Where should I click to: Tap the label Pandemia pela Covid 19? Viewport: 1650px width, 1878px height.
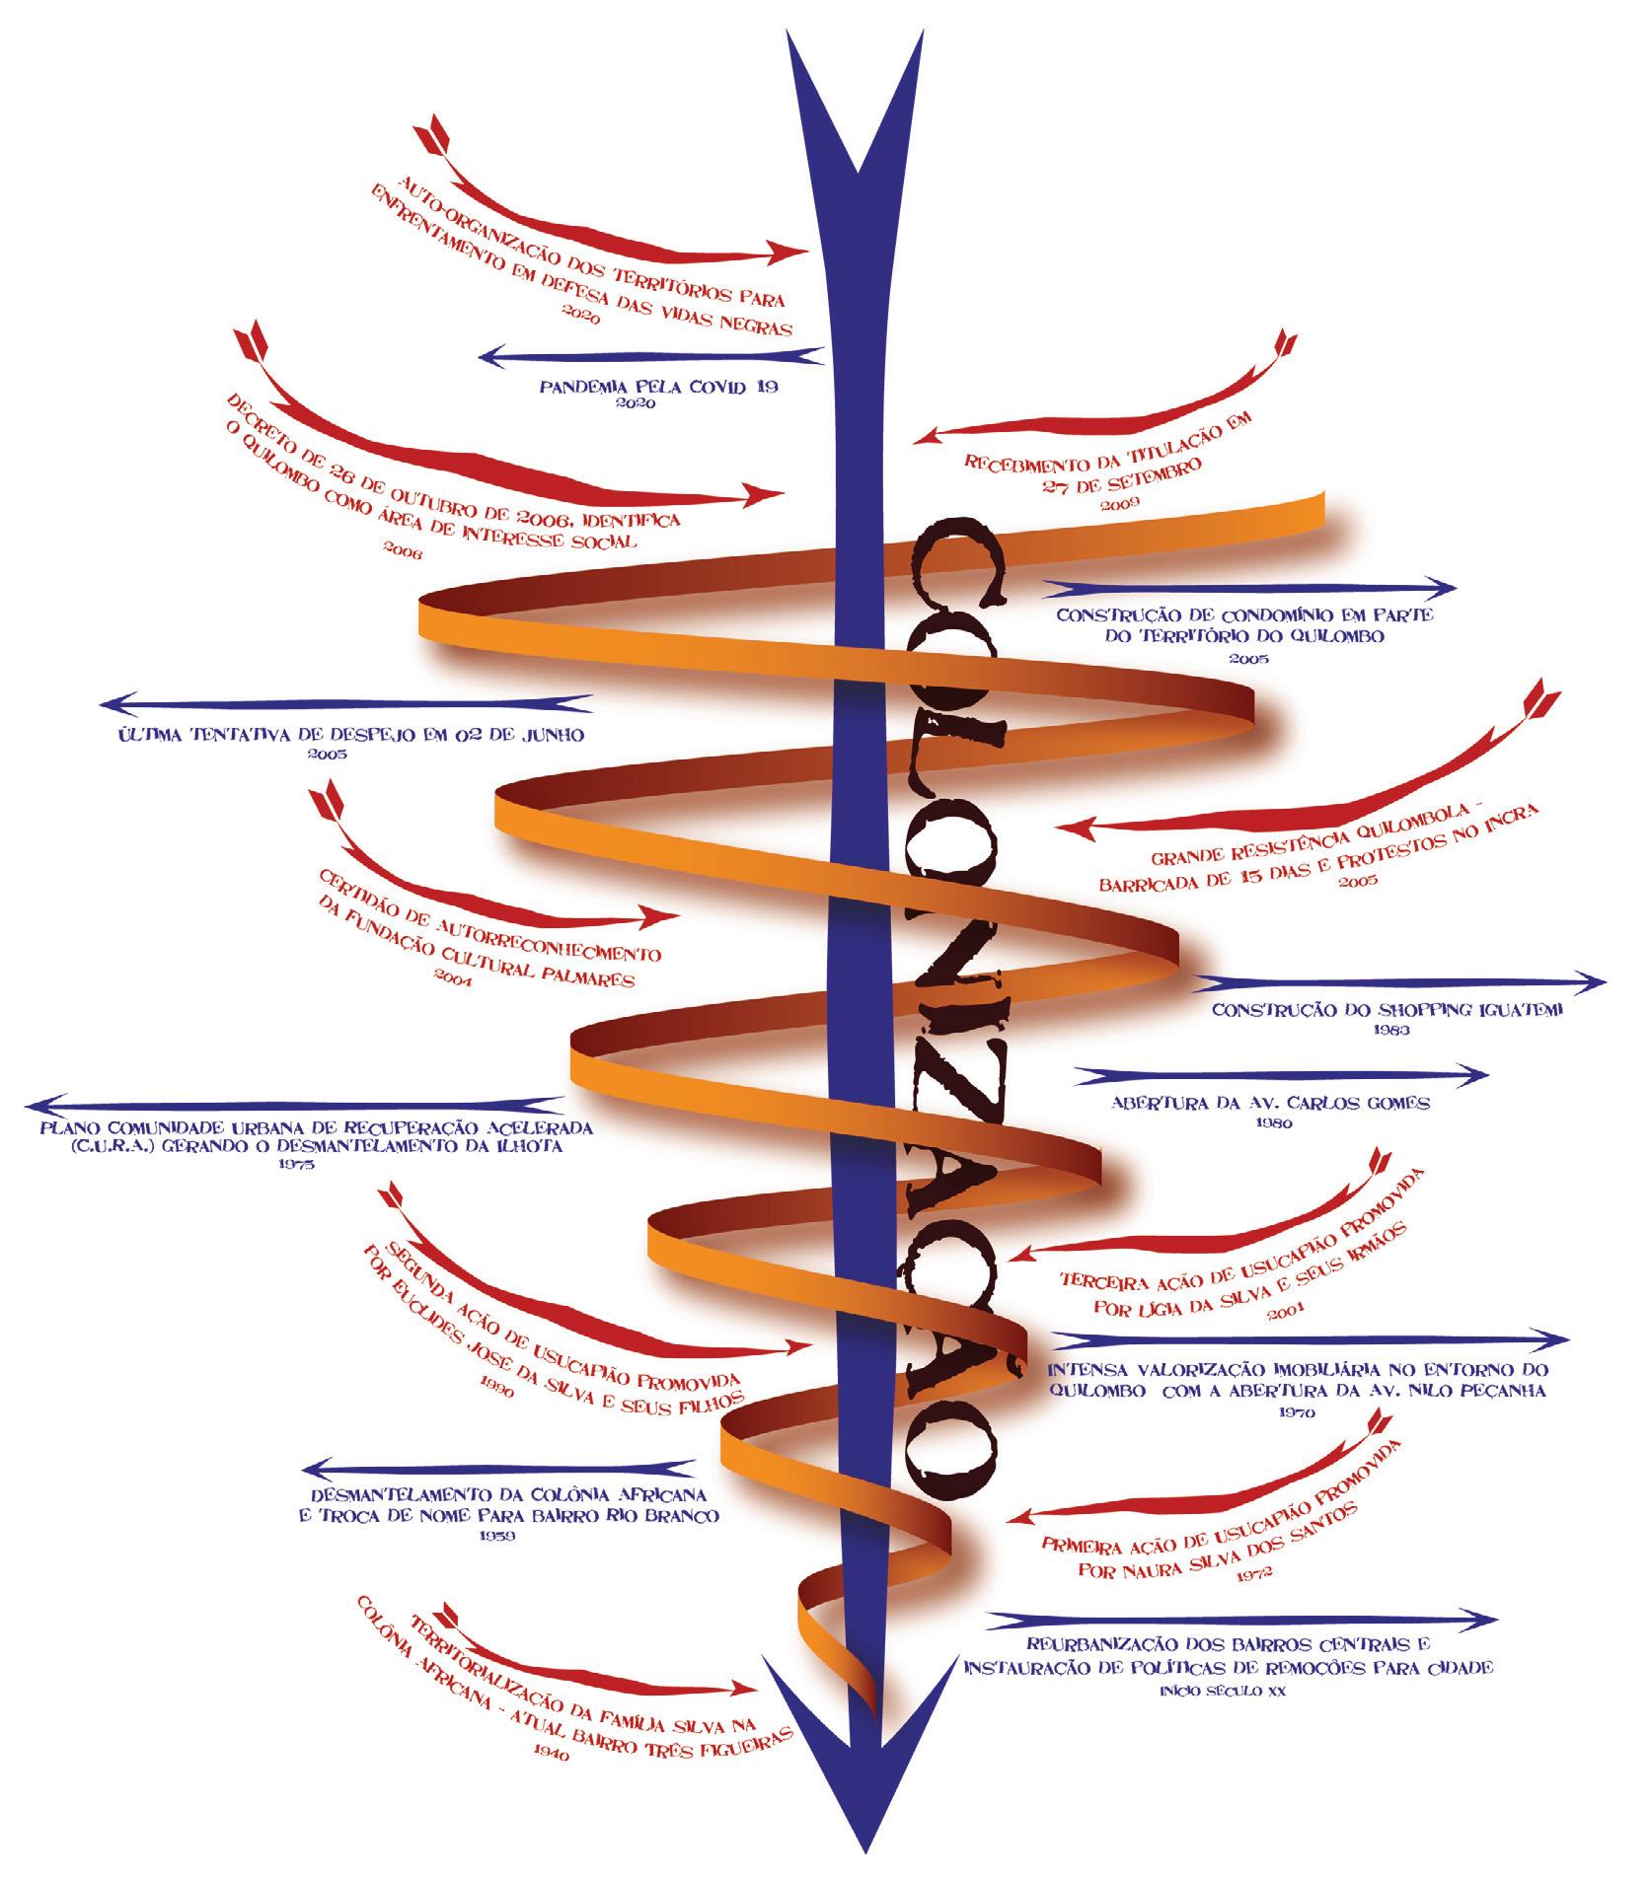[x=659, y=387]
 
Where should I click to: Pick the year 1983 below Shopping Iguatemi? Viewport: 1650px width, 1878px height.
[x=1388, y=1030]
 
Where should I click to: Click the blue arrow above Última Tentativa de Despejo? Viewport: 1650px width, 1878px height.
[x=345, y=704]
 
